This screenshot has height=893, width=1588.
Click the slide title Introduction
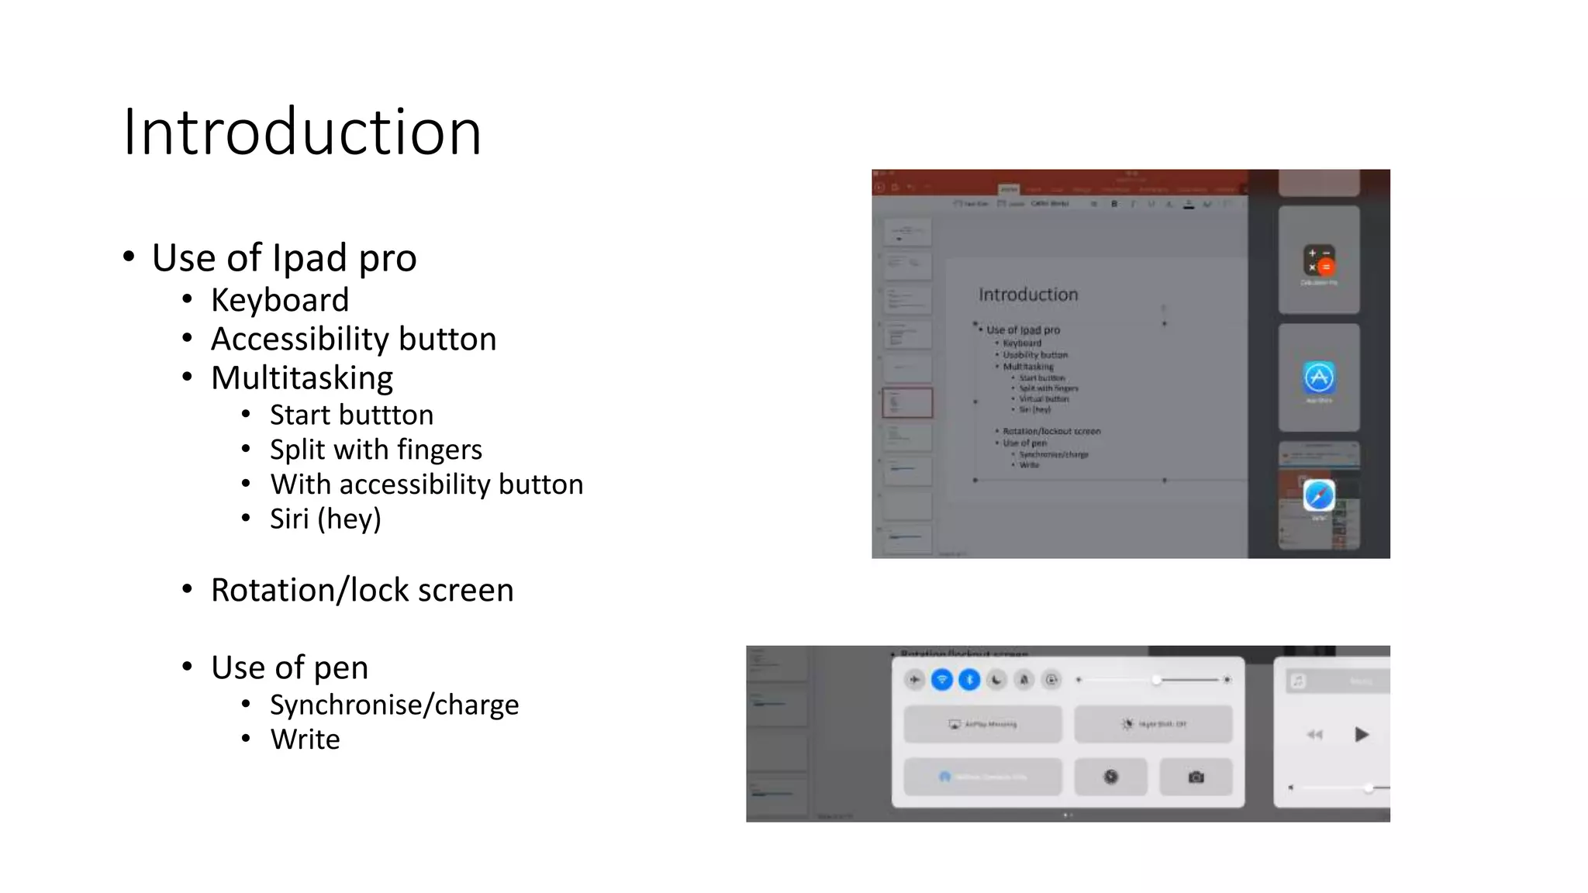(302, 132)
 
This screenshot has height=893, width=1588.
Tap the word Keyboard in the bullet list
(280, 300)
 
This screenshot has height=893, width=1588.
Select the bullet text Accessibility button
(354, 339)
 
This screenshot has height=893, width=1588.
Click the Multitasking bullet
(302, 378)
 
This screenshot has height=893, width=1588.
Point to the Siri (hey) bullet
(326, 519)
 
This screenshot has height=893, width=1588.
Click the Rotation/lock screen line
(362, 590)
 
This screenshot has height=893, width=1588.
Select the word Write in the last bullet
(305, 740)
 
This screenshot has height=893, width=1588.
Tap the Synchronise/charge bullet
(394, 705)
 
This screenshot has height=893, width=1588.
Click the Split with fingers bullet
(375, 450)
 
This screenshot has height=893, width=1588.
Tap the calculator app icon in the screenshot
(1319, 260)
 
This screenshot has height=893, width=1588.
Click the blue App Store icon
(1319, 378)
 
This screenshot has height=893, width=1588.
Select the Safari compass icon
(1319, 495)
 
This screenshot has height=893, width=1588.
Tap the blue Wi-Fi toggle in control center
(941, 680)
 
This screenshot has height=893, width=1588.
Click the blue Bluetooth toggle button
(969, 680)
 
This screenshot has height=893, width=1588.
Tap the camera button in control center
(1196, 777)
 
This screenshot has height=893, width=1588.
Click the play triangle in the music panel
(1362, 734)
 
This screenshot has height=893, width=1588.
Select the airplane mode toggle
(915, 680)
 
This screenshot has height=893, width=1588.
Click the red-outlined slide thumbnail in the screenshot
(907, 403)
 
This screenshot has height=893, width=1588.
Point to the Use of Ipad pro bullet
(284, 258)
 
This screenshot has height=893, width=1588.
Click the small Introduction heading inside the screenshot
(1028, 295)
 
